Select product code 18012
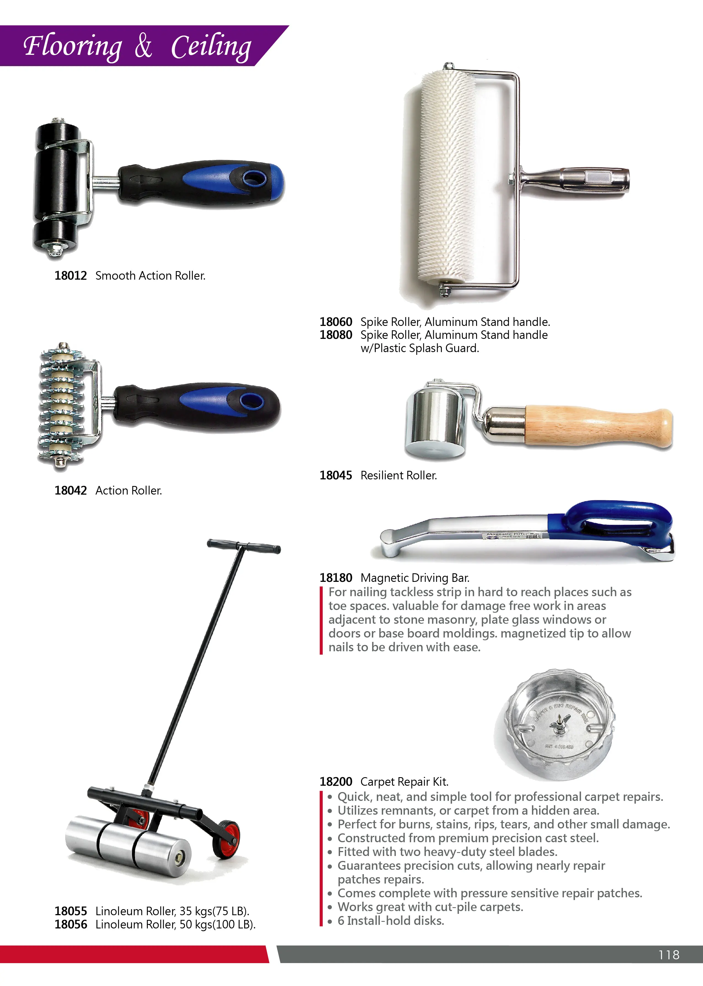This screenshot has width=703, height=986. (71, 275)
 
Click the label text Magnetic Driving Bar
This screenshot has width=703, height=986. (415, 578)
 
